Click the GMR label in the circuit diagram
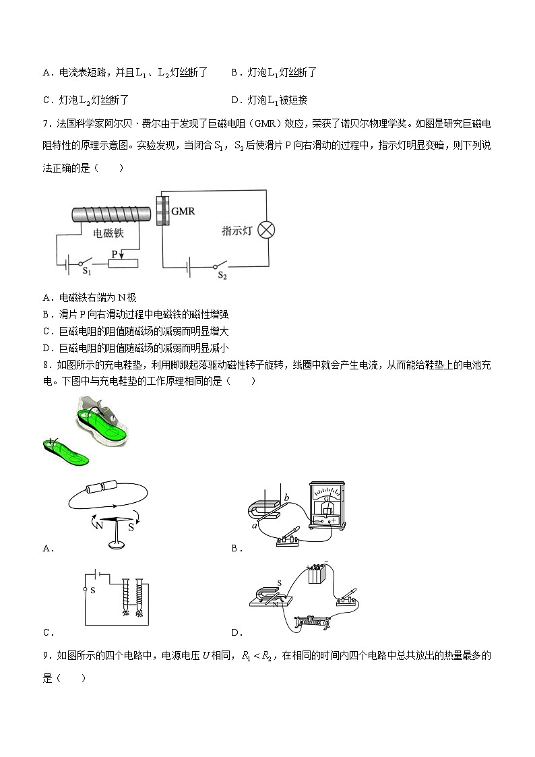183,212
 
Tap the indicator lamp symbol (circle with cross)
267,230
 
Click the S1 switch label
86,271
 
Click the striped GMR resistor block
161,210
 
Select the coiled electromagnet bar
111,214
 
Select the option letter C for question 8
47,632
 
